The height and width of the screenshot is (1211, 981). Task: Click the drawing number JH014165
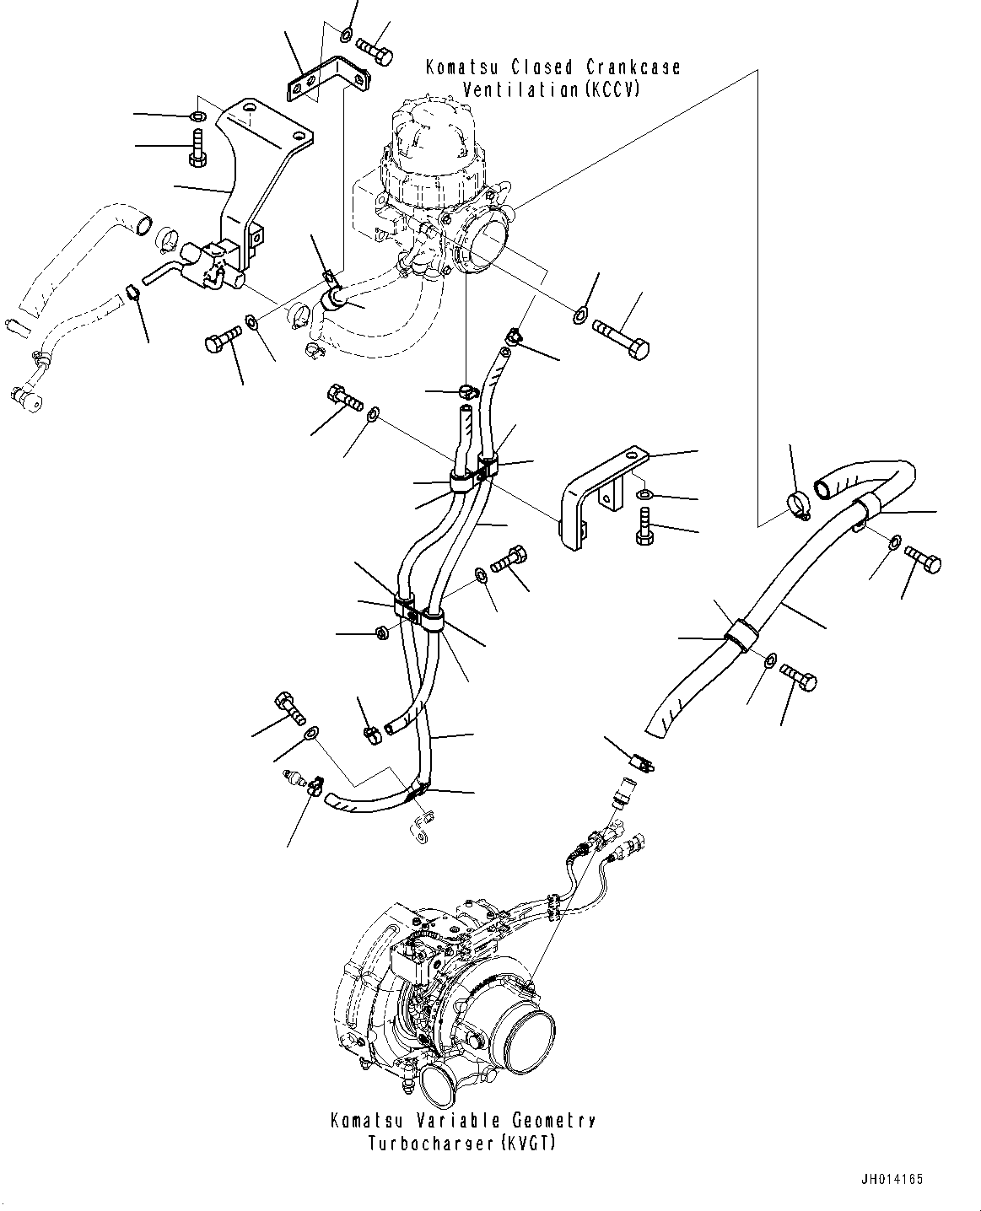[x=892, y=1179]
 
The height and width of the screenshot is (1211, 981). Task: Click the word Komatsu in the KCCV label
[x=461, y=68]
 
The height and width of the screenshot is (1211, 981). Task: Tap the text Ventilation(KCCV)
[x=551, y=90]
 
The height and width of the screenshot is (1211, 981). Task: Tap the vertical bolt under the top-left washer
[x=197, y=148]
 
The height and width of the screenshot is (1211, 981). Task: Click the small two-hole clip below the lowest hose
[x=421, y=827]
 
